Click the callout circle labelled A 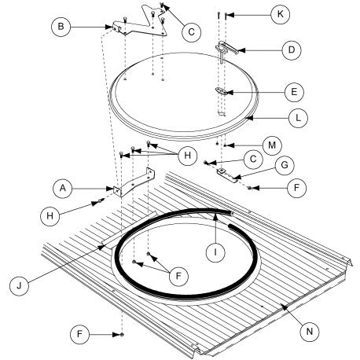[x=63, y=188]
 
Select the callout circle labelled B [x=61, y=27]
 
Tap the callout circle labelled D [x=292, y=50]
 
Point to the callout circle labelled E [x=294, y=92]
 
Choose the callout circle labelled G [x=285, y=165]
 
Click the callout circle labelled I [x=215, y=252]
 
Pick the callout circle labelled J [x=19, y=286]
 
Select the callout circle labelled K [x=281, y=14]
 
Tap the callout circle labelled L [x=298, y=118]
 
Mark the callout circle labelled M [x=272, y=145]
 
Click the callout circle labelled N [x=310, y=332]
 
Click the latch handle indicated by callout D [x=226, y=50]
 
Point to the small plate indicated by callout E [x=221, y=91]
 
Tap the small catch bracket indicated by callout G [x=228, y=174]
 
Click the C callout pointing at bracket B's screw [x=192, y=32]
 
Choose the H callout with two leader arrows [x=187, y=156]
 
